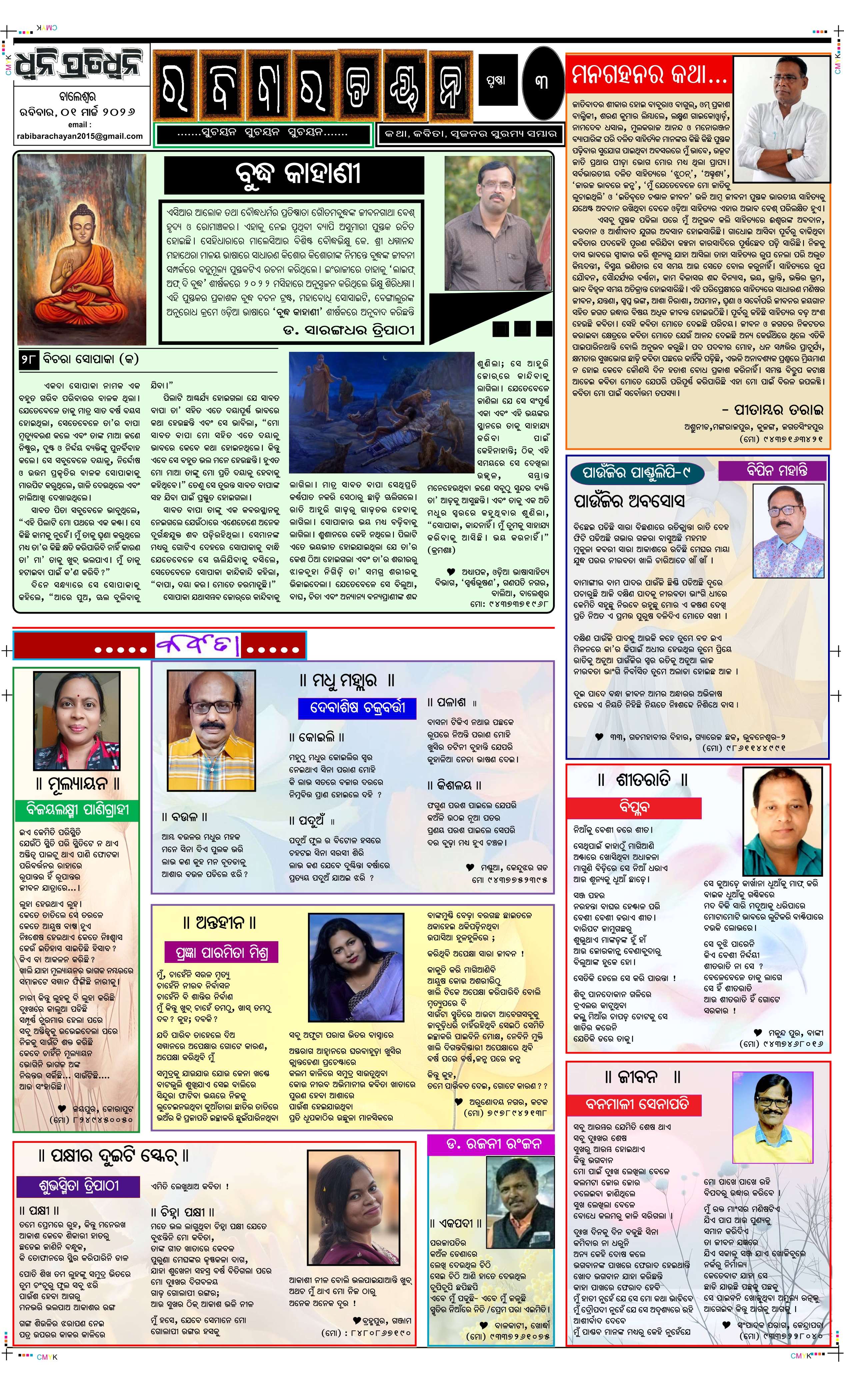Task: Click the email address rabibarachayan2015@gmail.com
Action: (x=80, y=136)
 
